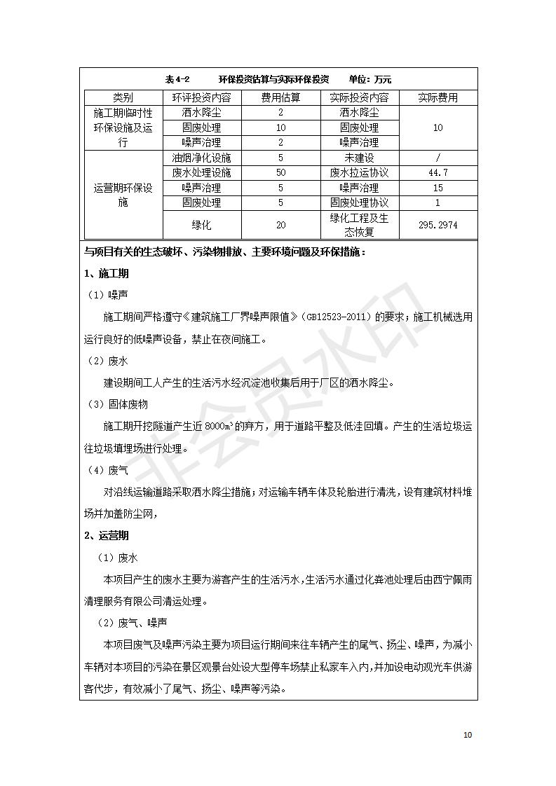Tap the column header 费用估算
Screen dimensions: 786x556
coord(280,97)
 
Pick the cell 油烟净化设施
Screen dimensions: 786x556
coord(201,158)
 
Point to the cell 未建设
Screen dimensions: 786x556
coord(359,158)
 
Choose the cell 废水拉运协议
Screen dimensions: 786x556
coord(359,172)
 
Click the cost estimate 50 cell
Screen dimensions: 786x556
coord(280,172)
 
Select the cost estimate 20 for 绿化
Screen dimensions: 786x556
coord(280,226)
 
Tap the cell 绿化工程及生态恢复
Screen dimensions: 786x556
coord(359,226)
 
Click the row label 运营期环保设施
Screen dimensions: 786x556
coord(123,195)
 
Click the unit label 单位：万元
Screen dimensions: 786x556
coord(375,80)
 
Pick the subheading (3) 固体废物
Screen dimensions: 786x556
coord(117,404)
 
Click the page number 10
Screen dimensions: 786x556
coord(468,735)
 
